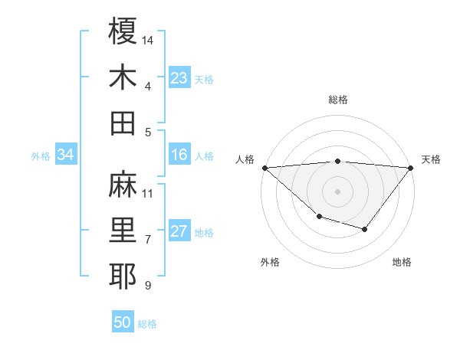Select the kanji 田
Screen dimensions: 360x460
pyautogui.click(x=123, y=123)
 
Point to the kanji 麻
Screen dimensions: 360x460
pyautogui.click(x=123, y=184)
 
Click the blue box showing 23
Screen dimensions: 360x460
pyautogui.click(x=179, y=78)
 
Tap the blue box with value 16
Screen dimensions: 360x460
pyautogui.click(x=179, y=155)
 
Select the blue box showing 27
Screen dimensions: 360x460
pyautogui.click(x=179, y=232)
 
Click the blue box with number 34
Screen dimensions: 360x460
pyautogui.click(x=65, y=155)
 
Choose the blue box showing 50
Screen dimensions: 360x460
pyautogui.click(x=123, y=322)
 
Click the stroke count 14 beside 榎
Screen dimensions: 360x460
pyautogui.click(x=148, y=39)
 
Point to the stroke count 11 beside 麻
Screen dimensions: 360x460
pyautogui.click(x=148, y=193)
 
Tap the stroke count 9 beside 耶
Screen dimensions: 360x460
pyautogui.click(x=148, y=286)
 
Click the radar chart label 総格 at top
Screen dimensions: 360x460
pyautogui.click(x=338, y=100)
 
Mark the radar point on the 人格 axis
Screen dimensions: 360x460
pyautogui.click(x=264, y=167)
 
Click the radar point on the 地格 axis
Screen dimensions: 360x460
pyautogui.click(x=365, y=229)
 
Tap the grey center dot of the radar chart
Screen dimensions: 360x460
pyautogui.click(x=338, y=191)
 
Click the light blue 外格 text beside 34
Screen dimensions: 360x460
pyautogui.click(x=41, y=156)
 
